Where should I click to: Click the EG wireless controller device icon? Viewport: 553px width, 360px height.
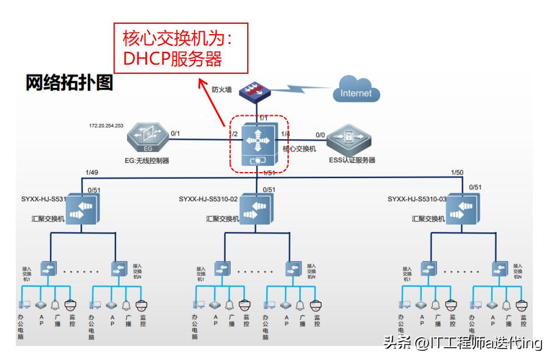(148, 139)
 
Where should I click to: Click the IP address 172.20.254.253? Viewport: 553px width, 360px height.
(106, 126)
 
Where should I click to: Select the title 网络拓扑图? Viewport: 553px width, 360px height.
(70, 83)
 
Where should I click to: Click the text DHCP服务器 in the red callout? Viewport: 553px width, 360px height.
(172, 59)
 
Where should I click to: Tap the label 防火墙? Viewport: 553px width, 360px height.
(222, 90)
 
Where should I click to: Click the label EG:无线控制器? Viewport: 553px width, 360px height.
(147, 161)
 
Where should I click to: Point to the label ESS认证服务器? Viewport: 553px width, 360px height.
(352, 160)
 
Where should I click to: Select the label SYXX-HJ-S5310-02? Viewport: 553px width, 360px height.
(208, 199)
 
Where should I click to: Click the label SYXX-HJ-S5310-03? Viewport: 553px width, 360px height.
(417, 199)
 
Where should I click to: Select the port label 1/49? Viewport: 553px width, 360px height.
(92, 173)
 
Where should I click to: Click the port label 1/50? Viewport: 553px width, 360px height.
(457, 173)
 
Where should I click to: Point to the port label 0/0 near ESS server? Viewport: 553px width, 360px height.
(320, 135)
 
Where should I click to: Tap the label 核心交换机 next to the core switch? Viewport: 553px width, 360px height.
(299, 148)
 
